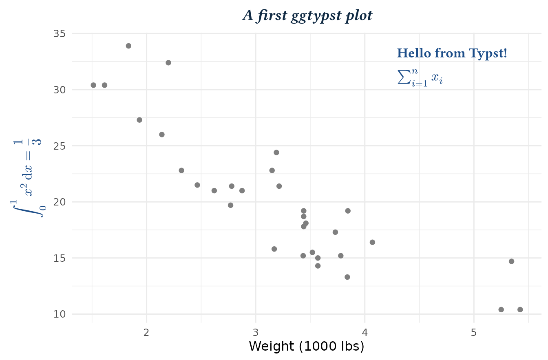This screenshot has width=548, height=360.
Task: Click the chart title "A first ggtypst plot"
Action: click(307, 16)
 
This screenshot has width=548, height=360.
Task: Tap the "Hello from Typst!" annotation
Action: click(452, 53)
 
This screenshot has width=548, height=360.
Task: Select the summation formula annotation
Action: click(420, 77)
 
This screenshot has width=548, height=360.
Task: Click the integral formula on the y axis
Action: click(28, 178)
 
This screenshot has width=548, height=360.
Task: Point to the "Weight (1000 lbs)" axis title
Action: click(306, 346)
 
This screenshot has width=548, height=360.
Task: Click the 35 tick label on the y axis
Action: click(60, 33)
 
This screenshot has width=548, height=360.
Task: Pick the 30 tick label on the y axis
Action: click(60, 90)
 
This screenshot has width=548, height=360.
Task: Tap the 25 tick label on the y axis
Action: click(60, 146)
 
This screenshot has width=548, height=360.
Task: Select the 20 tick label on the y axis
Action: click(60, 202)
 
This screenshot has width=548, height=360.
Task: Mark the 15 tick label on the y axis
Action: click(60, 258)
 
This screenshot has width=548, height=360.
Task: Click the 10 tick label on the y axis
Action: click(60, 314)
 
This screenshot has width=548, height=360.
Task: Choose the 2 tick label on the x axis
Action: click(146, 332)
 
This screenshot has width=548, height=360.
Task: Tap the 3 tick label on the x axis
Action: click(256, 332)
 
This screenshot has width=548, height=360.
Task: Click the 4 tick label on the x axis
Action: click(365, 332)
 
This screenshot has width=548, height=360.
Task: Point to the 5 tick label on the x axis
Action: click(474, 332)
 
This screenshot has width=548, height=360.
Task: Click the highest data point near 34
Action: click(128, 46)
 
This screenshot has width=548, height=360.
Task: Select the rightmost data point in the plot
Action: click(520, 309)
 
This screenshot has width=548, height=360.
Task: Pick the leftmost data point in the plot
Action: click(93, 85)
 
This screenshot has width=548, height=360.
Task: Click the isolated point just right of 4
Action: click(372, 242)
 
